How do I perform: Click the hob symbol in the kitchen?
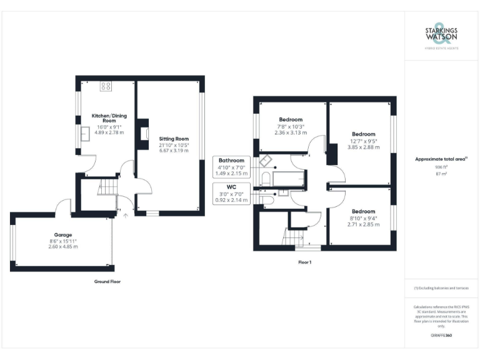(105, 86)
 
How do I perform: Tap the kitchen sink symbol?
(83, 133)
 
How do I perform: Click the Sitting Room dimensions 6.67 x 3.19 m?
(173, 151)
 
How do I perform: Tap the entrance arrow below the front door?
(126, 216)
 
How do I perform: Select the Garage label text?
(62, 234)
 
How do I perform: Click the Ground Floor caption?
(107, 282)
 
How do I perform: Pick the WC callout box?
(232, 193)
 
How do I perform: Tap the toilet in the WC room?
(267, 200)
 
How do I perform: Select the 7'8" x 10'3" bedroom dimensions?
(290, 126)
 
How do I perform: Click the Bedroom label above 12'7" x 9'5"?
(363, 134)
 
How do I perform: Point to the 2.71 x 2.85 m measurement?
(362, 224)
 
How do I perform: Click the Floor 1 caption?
(305, 262)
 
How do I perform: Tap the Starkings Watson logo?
(441, 36)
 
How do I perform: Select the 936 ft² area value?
(441, 167)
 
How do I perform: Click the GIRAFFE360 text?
(441, 336)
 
